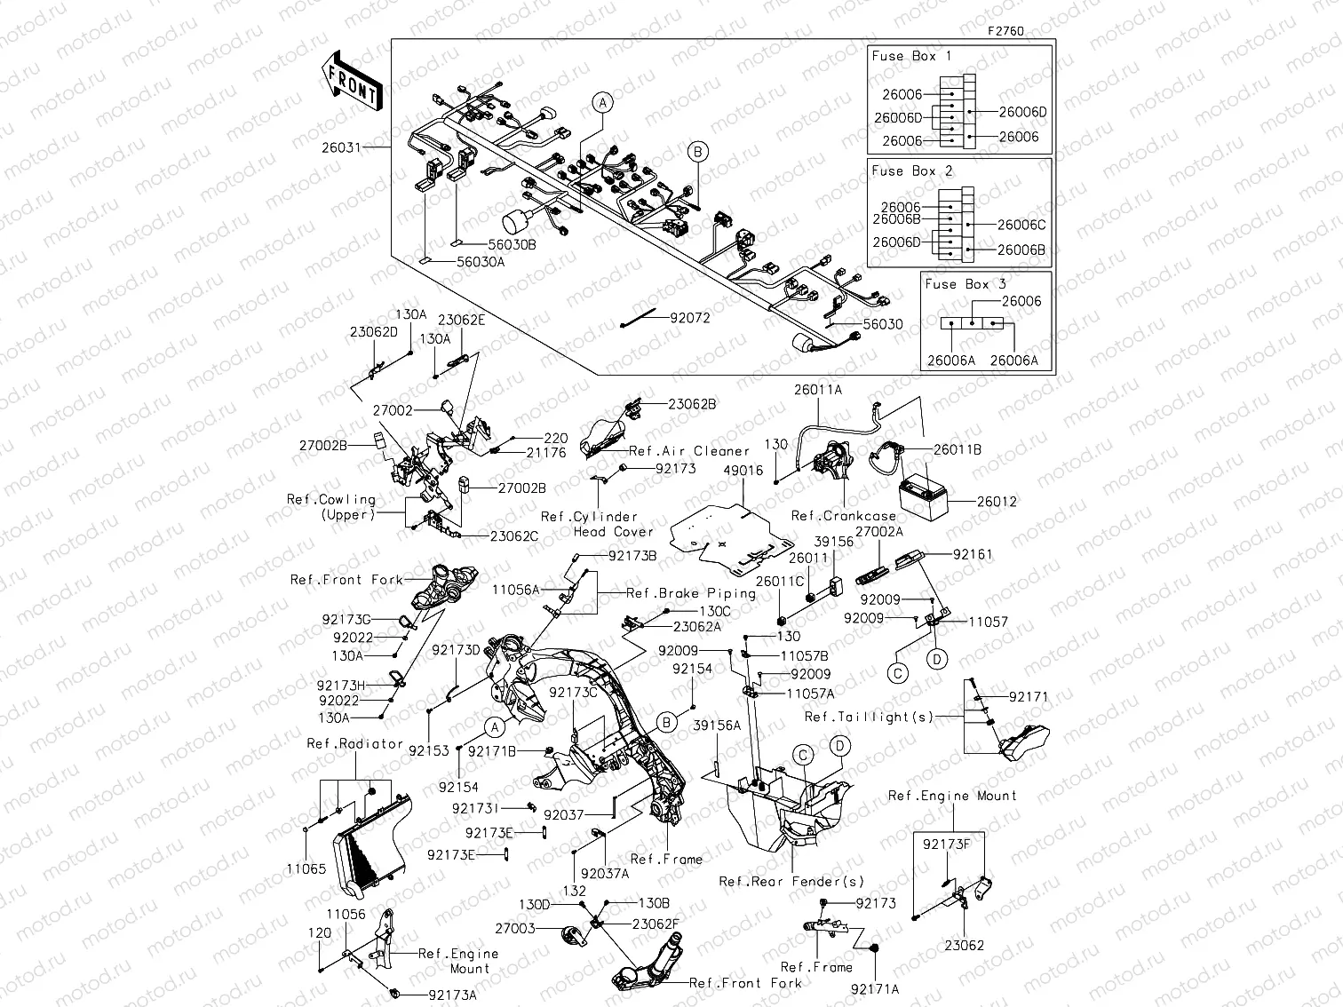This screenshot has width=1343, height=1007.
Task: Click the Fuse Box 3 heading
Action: [x=966, y=284]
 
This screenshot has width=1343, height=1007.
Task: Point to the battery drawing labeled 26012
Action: [x=923, y=496]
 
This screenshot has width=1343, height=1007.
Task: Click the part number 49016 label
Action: [x=743, y=471]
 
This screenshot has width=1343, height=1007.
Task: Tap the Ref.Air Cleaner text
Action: [x=689, y=451]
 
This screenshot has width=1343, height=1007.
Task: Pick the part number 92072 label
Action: [x=690, y=317]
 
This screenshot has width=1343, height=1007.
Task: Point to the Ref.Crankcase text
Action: [x=844, y=516]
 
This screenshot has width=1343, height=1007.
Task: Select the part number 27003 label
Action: [x=515, y=928]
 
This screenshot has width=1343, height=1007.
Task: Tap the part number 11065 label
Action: [x=306, y=869]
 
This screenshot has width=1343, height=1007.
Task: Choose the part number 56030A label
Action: [x=481, y=262]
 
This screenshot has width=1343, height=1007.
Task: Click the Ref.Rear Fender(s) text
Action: [x=791, y=882]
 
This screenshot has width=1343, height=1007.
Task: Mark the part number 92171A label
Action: [x=875, y=988]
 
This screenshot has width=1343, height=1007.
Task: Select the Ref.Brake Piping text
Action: [x=691, y=593]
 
